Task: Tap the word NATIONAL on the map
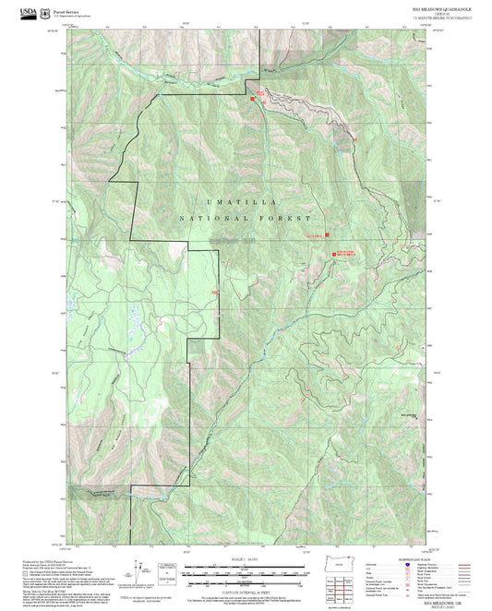point(206,219)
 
